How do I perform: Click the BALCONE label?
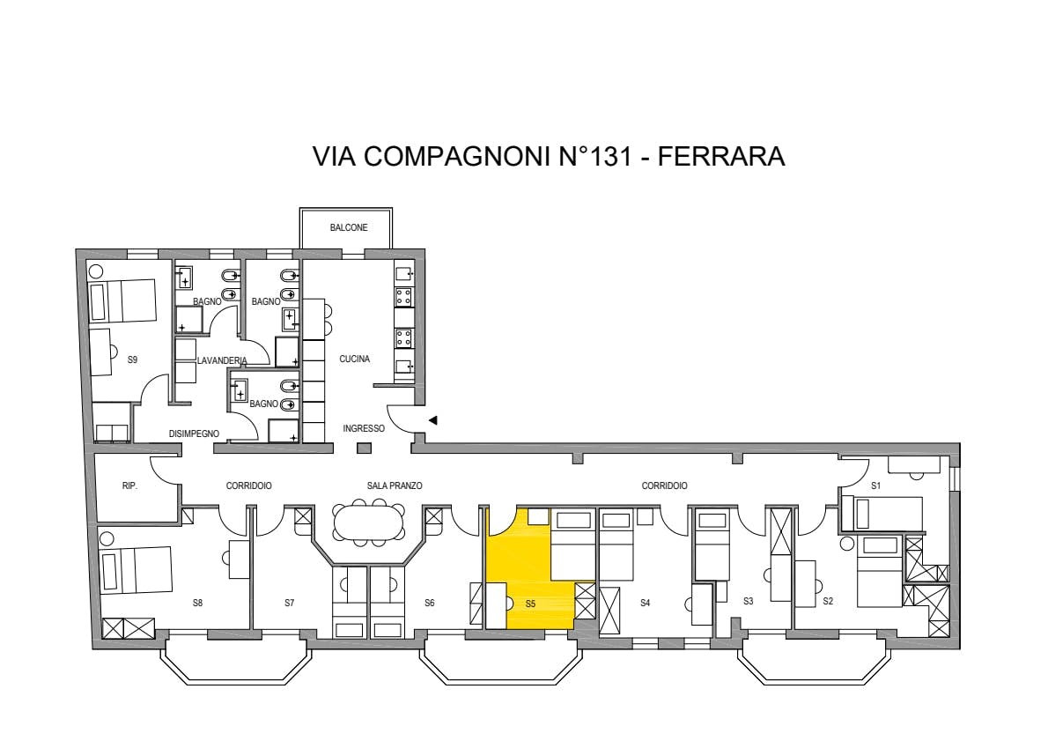(x=348, y=227)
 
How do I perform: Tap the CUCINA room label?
(x=354, y=359)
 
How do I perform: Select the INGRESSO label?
(x=364, y=428)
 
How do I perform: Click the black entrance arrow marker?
(x=433, y=420)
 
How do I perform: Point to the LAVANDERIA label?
(x=222, y=360)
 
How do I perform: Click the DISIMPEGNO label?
(x=194, y=433)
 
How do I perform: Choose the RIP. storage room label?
(x=129, y=486)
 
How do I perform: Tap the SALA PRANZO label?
(x=395, y=486)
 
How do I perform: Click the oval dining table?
(x=369, y=522)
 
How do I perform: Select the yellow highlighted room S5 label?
(x=530, y=604)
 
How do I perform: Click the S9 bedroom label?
(x=132, y=359)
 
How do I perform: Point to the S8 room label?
(x=197, y=604)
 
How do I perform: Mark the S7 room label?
(x=290, y=604)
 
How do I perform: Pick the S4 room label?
(x=645, y=604)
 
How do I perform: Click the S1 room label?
(x=876, y=486)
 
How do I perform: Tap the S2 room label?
(x=828, y=601)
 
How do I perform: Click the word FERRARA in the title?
(x=721, y=156)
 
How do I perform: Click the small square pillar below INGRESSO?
(x=364, y=448)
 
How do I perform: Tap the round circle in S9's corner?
(x=96, y=271)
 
